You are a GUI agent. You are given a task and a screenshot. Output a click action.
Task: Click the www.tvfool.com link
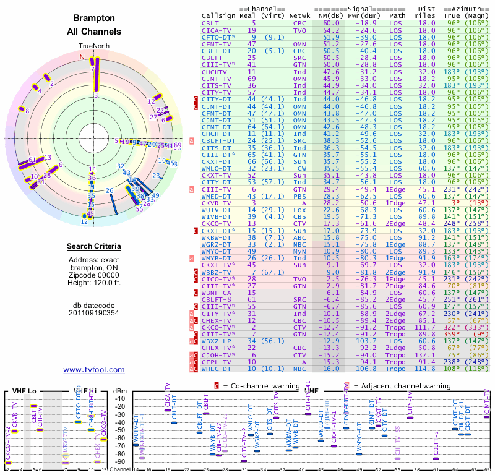point(94,370)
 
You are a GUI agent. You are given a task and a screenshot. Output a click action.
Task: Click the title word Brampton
point(94,19)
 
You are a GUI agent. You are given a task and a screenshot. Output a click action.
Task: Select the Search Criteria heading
point(94,247)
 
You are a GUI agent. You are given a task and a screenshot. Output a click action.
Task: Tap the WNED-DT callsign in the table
point(216,196)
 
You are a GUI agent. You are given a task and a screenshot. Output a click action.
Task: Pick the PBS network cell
point(300,196)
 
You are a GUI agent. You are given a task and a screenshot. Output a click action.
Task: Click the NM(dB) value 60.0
point(330,23)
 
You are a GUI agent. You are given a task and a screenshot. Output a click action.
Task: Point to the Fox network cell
point(300,210)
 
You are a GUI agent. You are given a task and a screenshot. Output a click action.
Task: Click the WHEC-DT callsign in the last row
point(216,369)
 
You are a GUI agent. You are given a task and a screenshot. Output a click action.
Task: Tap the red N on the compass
point(82,57)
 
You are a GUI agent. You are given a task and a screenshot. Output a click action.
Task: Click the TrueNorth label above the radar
point(94,46)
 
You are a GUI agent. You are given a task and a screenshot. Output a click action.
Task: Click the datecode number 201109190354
point(94,312)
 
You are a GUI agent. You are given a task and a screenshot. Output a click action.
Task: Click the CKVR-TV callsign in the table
point(216,203)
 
